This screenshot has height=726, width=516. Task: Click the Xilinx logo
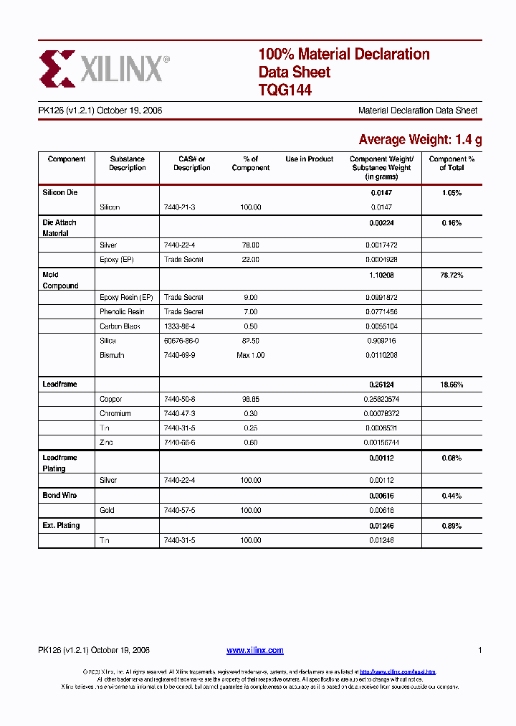tap(105, 68)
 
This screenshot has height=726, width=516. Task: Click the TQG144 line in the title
tap(285, 90)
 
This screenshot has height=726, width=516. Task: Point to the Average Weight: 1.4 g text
tap(420, 140)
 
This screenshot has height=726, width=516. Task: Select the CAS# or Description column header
tap(192, 164)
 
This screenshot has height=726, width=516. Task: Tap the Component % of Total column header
tap(451, 164)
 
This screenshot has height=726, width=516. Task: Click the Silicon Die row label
tap(59, 193)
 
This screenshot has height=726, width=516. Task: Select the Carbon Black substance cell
tap(120, 326)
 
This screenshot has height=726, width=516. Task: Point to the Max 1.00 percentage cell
tap(250, 356)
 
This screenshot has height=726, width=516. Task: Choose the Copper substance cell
tap(111, 400)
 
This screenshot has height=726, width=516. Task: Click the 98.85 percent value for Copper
tap(250, 400)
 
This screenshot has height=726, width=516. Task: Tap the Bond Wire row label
tap(59, 496)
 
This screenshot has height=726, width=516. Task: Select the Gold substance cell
tap(107, 511)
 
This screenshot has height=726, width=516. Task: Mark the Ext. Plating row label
tap(61, 526)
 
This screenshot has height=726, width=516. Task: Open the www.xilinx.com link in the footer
tap(254, 651)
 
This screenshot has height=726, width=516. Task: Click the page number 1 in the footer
tap(479, 651)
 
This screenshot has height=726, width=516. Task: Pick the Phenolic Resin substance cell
tap(122, 312)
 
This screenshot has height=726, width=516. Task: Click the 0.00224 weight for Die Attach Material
tap(381, 223)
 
